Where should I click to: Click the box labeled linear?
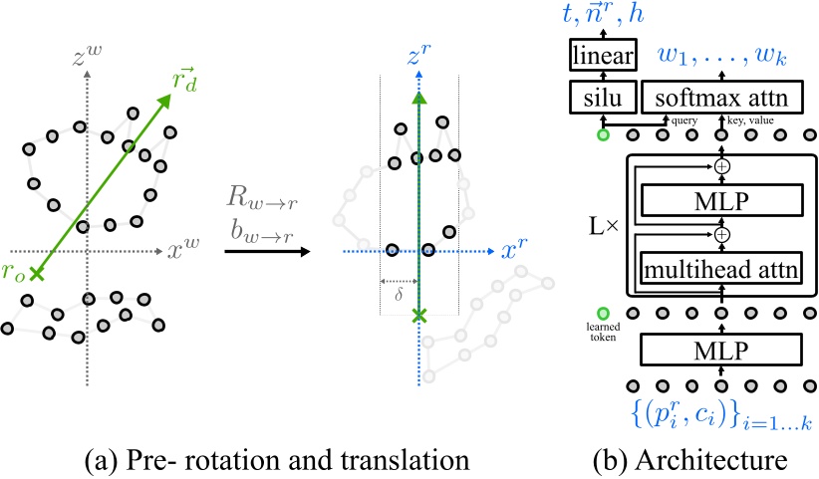tap(604, 58)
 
